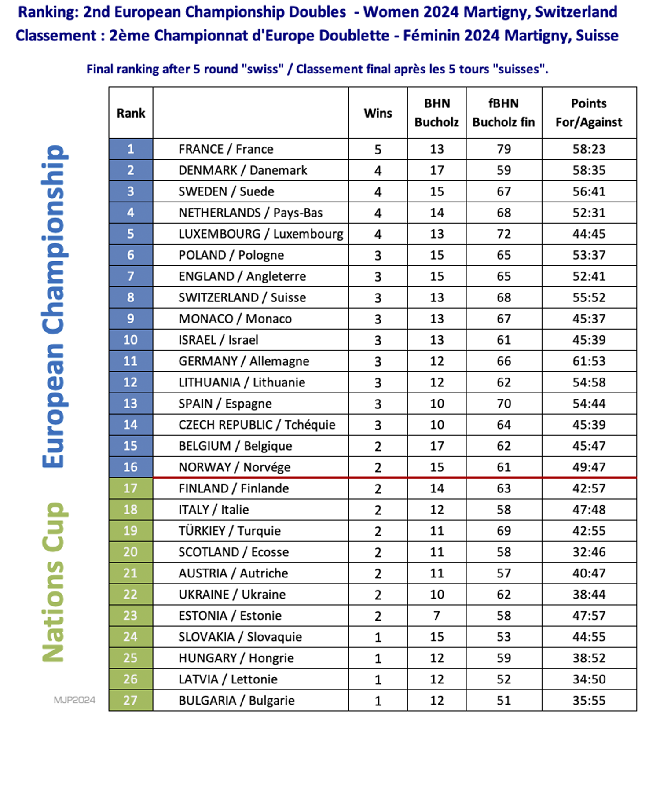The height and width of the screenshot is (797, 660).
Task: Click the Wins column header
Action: (378, 113)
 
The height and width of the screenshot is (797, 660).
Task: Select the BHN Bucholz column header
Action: (436, 113)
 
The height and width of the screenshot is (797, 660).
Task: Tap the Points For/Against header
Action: (589, 113)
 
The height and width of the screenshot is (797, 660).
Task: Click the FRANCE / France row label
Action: (226, 149)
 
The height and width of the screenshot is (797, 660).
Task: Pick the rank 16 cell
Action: (131, 467)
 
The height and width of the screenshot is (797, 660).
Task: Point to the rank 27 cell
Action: (131, 700)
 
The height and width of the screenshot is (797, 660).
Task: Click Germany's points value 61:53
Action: (589, 361)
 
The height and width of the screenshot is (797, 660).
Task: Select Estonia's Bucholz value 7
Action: (436, 616)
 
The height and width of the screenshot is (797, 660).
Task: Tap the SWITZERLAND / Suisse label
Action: (242, 297)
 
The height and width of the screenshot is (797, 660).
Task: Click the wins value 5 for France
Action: (378, 150)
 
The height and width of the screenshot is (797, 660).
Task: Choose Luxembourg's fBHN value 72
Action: (504, 234)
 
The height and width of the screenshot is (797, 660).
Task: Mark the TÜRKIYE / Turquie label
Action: (229, 531)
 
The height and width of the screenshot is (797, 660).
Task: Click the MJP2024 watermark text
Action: (74, 700)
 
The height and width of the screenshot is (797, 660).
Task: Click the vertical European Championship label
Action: (53, 306)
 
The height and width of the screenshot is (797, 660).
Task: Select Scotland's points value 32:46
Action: (589, 552)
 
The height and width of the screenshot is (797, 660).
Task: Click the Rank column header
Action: (131, 113)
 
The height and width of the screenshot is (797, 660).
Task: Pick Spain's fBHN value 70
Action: (504, 404)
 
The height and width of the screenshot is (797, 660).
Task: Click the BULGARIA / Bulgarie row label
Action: (236, 701)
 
